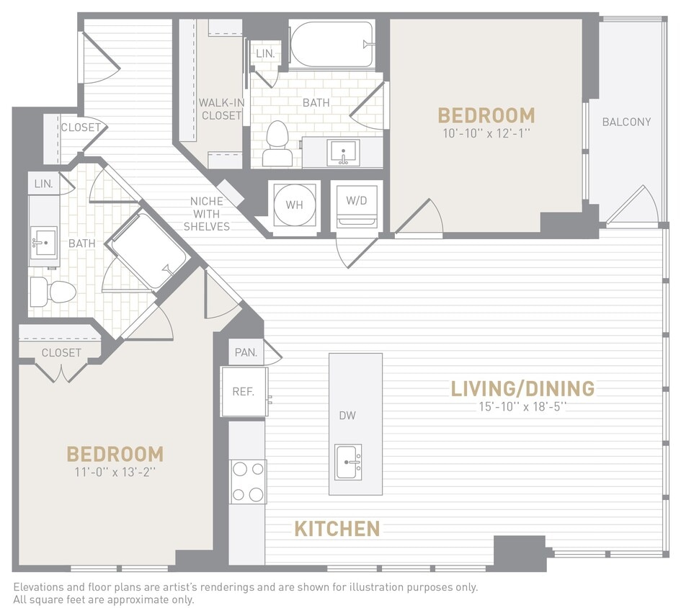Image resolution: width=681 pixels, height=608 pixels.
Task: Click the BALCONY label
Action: [626, 122]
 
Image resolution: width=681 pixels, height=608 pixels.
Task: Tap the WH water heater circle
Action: [294, 205]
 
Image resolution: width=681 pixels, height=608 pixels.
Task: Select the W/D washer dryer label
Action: [356, 201]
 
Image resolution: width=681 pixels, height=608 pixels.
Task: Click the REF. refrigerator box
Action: [244, 392]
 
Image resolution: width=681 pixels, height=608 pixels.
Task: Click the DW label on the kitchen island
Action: [348, 416]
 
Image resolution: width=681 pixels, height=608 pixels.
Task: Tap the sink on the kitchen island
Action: [348, 461]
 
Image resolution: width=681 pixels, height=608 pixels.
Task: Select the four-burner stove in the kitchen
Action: [247, 482]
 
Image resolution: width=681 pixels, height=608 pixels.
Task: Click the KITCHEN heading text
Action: [337, 529]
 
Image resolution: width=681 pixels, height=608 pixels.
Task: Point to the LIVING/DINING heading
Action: [522, 389]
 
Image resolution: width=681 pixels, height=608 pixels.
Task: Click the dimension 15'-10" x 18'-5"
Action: [522, 406]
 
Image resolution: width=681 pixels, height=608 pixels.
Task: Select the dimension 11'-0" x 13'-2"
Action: [115, 473]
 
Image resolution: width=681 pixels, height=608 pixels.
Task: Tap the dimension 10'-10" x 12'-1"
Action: [486, 133]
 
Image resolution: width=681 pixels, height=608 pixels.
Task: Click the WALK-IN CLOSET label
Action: [221, 109]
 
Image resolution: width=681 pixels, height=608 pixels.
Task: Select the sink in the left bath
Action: [45, 242]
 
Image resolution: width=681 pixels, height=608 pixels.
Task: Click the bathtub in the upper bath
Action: [331, 43]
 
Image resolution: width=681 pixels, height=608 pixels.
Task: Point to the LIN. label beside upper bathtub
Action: [264, 54]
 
